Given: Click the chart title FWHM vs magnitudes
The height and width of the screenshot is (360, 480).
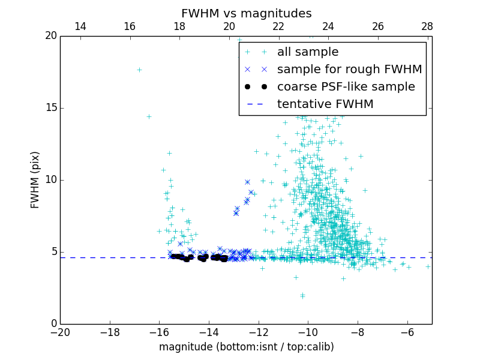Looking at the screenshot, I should pos(246,13).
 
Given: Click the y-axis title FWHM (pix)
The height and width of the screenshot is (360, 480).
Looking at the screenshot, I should pos(35,180).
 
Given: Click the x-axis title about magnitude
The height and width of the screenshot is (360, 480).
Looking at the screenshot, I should pos(246,347).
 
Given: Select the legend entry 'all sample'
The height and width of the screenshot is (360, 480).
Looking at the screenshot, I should pos(307,52).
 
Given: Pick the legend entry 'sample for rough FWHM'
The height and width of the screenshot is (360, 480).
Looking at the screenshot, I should pos(349,70).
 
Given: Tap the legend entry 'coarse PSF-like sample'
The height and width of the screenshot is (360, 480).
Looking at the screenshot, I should pos(346,87).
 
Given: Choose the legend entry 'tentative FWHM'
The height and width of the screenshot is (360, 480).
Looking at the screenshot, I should pos(325,104).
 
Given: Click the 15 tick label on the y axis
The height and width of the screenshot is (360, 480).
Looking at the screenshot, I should pos(50,108).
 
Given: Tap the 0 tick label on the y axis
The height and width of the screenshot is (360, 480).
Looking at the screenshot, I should pos(53,324).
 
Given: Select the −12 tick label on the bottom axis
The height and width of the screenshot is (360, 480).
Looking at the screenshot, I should pos(258,332).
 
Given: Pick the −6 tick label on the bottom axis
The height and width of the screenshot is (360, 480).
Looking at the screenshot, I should pos(407,332).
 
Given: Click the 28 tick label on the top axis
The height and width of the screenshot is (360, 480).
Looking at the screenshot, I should pos(427,26).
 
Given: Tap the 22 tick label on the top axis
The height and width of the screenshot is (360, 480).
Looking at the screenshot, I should pos(278,26).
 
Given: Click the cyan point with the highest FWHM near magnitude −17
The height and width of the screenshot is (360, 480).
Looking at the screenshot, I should pos(139,70).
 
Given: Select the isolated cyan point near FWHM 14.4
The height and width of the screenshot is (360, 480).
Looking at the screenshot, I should pos(149,116).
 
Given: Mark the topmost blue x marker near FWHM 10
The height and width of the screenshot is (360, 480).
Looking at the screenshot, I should pos(247,182).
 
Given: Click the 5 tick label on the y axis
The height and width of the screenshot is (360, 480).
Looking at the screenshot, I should pos(53,252).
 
